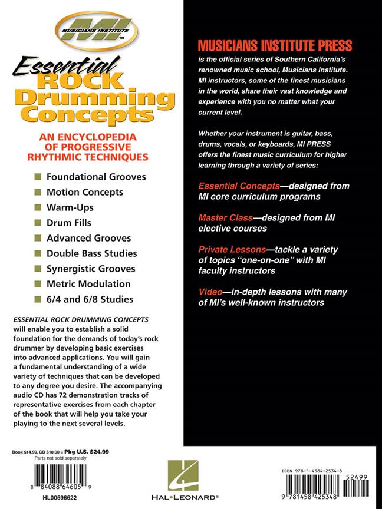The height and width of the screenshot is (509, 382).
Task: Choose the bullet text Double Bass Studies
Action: point(92,253)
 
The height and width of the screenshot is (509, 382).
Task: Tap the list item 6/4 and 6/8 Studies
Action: point(82,299)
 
